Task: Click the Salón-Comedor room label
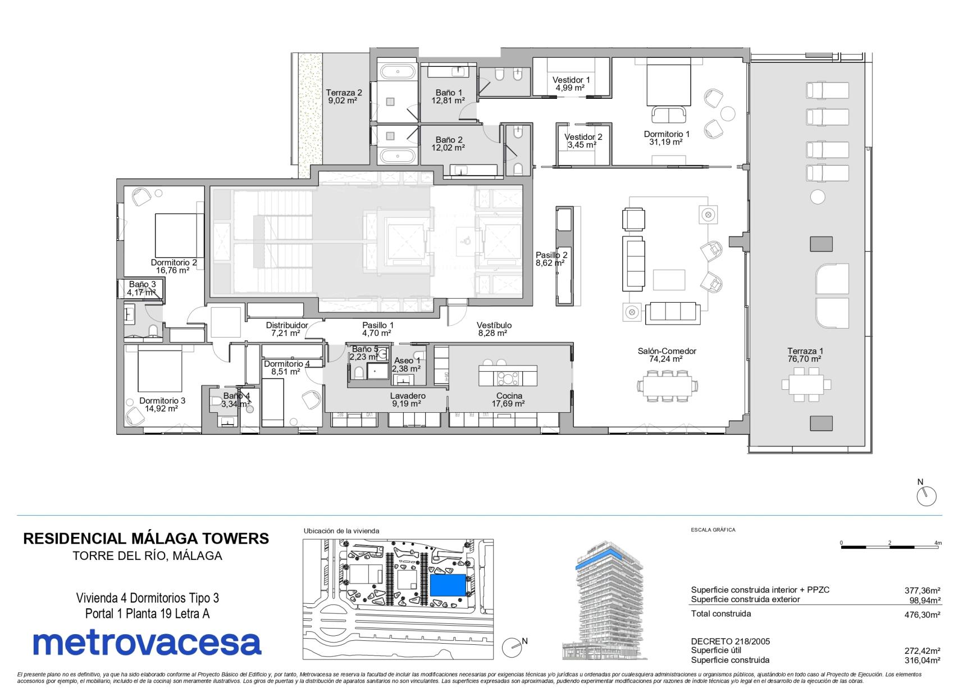667,351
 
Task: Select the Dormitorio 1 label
667,134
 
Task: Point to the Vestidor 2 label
583,137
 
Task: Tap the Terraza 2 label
344,93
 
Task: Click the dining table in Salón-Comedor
667,385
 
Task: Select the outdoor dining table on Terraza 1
806,385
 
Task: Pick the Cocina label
509,395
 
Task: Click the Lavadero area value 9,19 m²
407,404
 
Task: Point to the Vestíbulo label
494,325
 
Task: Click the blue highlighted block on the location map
449,585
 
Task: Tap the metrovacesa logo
147,643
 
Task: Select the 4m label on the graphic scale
937,543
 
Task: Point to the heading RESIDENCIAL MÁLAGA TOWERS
146,539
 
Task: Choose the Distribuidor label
286,325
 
